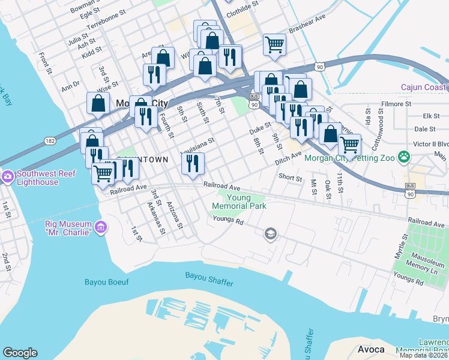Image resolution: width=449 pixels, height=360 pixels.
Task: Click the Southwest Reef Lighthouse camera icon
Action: tap(8, 176)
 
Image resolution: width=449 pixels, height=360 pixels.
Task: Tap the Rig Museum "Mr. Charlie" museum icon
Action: tap(101, 227)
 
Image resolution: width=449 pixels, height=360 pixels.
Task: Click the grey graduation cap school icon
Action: tap(270, 233)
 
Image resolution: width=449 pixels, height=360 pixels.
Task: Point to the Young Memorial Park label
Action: tap(238, 201)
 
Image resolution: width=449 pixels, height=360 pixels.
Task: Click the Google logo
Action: tap(20, 353)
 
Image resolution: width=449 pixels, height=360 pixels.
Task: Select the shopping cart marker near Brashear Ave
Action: tap(274, 44)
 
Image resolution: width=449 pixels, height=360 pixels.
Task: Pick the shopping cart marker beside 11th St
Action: tap(349, 144)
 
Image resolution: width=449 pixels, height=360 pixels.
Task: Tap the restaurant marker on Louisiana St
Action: tap(193, 163)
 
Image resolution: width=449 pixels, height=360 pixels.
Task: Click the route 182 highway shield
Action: tap(50, 140)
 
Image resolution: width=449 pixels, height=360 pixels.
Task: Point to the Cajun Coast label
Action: tap(424, 88)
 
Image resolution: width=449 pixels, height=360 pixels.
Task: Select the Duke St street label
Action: tap(260, 128)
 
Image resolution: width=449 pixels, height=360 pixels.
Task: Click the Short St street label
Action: tap(290, 177)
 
